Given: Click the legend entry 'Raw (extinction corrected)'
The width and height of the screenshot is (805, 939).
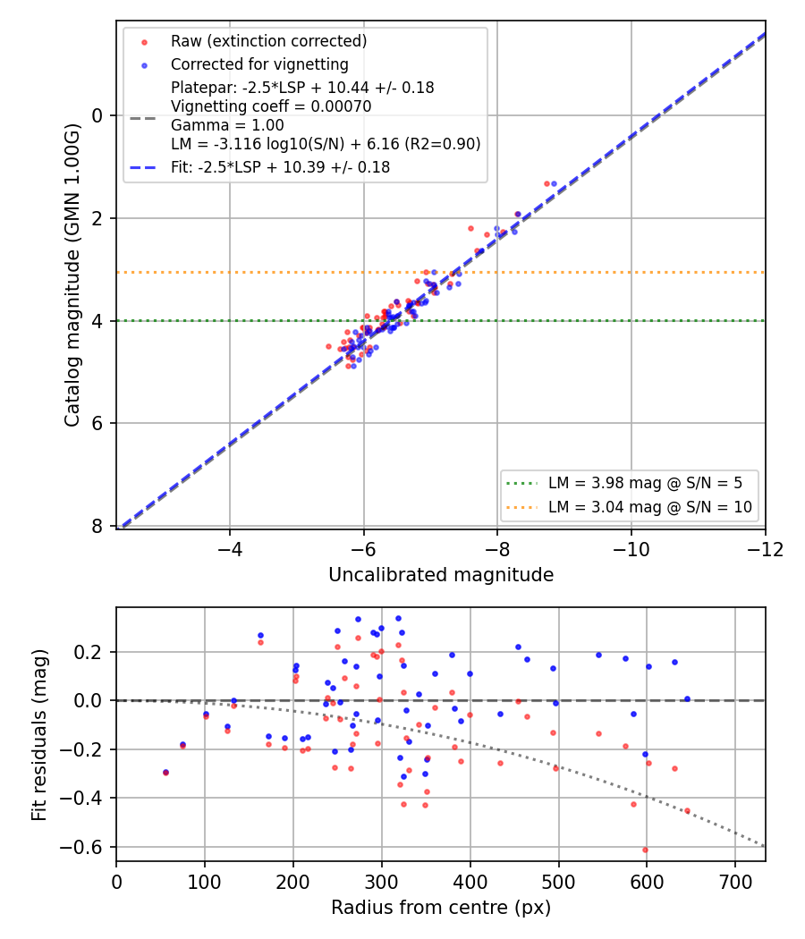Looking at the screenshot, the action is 268,41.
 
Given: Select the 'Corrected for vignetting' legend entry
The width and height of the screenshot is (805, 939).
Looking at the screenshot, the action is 259,64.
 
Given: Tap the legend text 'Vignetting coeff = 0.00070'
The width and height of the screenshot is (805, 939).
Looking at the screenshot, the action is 271,106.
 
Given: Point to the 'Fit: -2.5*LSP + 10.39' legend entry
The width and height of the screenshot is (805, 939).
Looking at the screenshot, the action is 280,167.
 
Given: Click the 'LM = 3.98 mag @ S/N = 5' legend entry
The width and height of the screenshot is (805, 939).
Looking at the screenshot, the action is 645,483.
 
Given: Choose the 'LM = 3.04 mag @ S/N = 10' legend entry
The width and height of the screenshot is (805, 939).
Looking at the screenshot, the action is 650,507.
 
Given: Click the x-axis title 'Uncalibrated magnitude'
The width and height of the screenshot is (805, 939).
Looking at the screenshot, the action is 441,575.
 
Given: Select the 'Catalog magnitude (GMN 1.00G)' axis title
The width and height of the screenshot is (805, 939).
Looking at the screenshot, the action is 72,275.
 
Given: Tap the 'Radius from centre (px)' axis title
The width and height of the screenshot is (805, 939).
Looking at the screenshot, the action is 441,908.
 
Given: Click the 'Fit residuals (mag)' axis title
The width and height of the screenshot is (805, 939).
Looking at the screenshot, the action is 39,734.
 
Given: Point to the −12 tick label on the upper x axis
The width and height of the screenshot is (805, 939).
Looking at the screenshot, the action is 765,549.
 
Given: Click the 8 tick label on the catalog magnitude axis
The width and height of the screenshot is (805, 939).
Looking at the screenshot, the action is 97,526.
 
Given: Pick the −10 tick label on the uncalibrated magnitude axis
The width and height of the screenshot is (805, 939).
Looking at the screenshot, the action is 631,549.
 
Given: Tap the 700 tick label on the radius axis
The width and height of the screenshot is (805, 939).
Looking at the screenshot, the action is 735,882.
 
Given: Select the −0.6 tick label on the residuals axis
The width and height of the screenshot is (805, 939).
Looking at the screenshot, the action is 80,848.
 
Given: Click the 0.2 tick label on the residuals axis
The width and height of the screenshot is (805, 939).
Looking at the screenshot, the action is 88,652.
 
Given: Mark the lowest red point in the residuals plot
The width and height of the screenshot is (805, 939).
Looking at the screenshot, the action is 645,850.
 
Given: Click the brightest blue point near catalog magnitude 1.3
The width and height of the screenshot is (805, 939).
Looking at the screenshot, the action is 554,184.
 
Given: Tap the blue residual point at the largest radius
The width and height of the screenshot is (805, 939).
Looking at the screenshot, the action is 687,698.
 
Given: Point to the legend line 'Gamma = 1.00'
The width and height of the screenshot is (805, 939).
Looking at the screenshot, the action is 227,125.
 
